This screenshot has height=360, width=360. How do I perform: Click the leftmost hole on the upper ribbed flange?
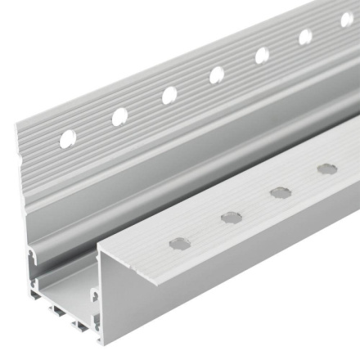[x=67, y=138]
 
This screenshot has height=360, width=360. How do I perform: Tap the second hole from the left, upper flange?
[x=119, y=116]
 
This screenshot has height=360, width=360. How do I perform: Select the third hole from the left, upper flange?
[x=169, y=95]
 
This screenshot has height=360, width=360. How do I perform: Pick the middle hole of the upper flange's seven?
[x=217, y=74]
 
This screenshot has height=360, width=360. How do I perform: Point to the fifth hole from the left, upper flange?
[x=263, y=55]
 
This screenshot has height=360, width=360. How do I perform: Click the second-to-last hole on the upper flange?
[x=305, y=37]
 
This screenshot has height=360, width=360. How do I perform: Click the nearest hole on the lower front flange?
[x=179, y=243]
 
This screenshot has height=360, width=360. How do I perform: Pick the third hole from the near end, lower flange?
[x=281, y=192]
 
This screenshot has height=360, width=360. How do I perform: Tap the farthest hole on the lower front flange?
[x=327, y=169]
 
